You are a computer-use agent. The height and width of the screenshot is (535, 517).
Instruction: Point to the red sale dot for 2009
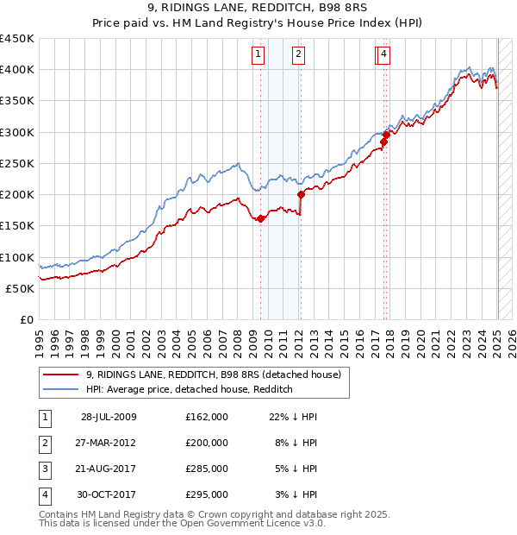click(x=260, y=218)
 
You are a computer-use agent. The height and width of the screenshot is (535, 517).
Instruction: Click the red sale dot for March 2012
click(x=301, y=194)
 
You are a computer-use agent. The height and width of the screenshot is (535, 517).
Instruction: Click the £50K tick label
click(x=20, y=288)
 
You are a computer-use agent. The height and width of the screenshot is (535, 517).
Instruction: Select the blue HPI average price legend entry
click(x=190, y=389)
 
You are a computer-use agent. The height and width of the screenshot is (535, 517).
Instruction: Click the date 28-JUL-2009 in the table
click(x=109, y=417)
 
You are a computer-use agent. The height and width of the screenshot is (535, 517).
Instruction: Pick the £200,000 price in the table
click(x=207, y=443)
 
